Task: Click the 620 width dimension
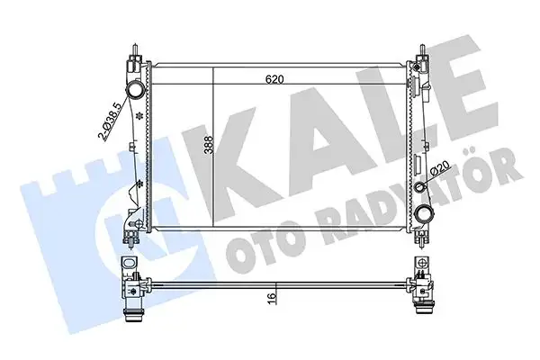click(x=276, y=79)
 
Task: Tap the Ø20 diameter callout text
click(x=441, y=168)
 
